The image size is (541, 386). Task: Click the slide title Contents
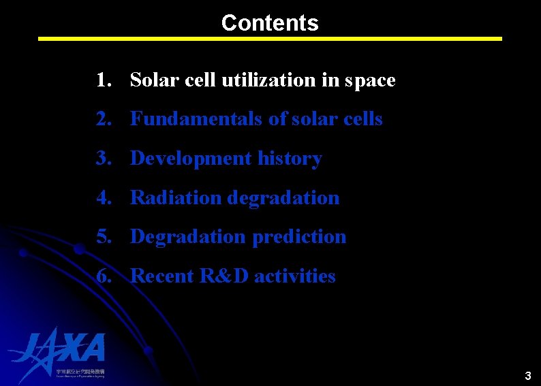270,22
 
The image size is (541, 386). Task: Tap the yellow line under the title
270,39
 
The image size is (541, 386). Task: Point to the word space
369,80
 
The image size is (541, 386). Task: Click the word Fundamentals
196,119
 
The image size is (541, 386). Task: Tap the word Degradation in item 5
188,237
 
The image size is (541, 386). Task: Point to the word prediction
299,237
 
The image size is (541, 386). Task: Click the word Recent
162,276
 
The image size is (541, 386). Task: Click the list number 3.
103,159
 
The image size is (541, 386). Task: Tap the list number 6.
103,276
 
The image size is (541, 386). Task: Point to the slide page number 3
527,375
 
